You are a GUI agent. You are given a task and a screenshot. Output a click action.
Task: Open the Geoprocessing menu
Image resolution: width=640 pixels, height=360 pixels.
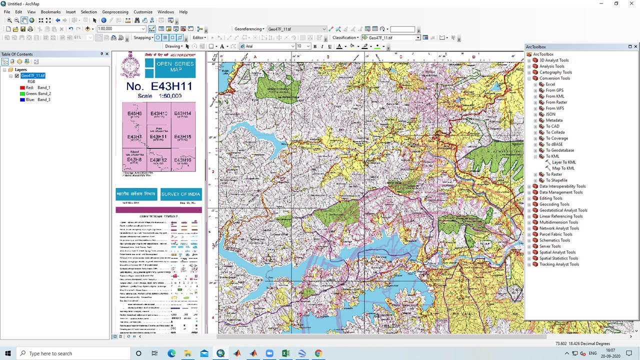[x=115, y=12]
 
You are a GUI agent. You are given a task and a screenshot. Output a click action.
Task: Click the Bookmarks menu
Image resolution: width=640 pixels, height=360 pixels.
[x=50, y=12]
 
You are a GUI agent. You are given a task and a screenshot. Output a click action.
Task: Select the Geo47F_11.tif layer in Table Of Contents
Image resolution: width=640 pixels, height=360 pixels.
[x=33, y=75]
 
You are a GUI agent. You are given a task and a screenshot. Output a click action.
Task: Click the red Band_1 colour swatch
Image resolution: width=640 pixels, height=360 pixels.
[x=22, y=87]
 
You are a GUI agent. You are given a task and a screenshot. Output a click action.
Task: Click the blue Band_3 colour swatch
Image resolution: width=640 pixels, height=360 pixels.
[x=22, y=99]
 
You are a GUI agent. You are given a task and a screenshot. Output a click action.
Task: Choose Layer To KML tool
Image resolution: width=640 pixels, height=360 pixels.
[x=563, y=162]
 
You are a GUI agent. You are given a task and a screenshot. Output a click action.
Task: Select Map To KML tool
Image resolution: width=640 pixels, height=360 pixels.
[x=563, y=168]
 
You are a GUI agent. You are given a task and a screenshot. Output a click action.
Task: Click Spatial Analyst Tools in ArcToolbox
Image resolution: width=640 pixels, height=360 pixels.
[x=557, y=252]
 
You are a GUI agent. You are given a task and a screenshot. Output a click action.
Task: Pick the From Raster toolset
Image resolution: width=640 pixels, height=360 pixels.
[x=556, y=102]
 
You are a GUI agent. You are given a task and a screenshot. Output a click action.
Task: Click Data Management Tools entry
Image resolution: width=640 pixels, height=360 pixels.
[x=560, y=192]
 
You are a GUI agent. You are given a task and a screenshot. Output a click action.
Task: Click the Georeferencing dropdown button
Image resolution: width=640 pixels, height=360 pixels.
[x=249, y=29]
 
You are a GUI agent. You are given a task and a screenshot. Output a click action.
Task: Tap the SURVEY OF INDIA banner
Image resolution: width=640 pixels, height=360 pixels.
[x=180, y=194]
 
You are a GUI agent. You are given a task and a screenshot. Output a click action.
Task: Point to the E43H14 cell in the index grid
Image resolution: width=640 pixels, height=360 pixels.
[x=182, y=114]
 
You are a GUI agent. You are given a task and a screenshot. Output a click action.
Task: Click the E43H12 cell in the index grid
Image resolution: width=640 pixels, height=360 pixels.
[x=158, y=160]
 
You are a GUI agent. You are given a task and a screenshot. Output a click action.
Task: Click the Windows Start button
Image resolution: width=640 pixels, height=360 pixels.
[x=8, y=353]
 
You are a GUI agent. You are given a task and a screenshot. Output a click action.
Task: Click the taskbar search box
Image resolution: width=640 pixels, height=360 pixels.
[x=75, y=353]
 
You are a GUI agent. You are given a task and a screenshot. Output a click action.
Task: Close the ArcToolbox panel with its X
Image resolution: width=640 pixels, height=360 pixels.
[x=635, y=46]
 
